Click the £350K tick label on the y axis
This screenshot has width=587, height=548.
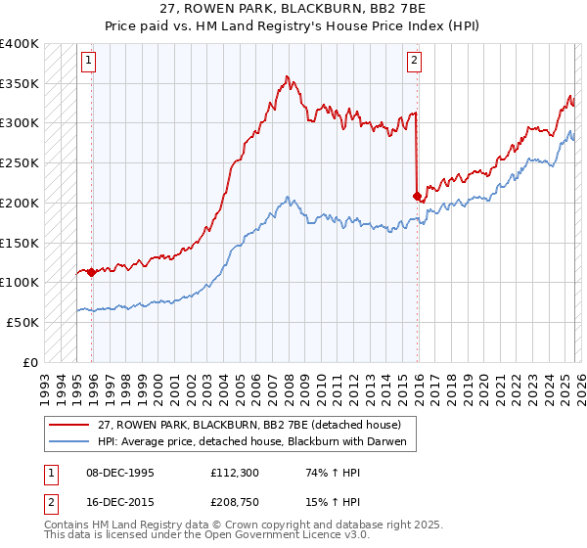[x=20, y=83]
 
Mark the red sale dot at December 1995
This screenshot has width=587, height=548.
[x=92, y=272]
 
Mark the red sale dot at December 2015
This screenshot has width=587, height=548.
[x=418, y=196]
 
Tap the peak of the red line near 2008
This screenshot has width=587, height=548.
[x=287, y=76]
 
